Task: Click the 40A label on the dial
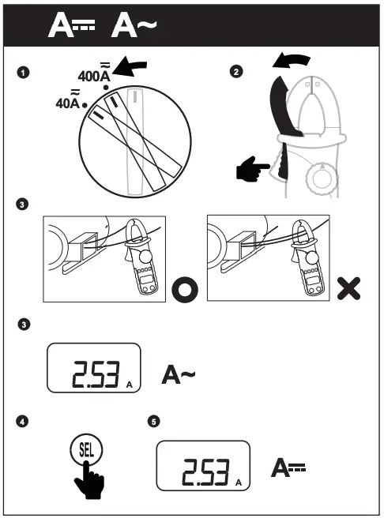(70, 103)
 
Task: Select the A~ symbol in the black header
(134, 25)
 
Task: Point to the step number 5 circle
(153, 422)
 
